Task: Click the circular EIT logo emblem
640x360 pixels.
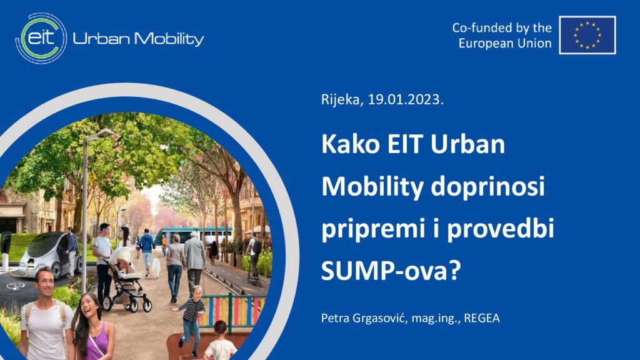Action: [41, 38]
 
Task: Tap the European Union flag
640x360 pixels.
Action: [587, 35]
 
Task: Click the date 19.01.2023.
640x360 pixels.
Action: [405, 99]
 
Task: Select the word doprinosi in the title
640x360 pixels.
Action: [487, 187]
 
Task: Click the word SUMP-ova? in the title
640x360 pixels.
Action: [391, 270]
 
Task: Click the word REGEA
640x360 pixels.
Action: [482, 318]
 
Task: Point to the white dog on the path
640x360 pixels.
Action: [156, 268]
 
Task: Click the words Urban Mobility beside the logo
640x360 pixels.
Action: [138, 39]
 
